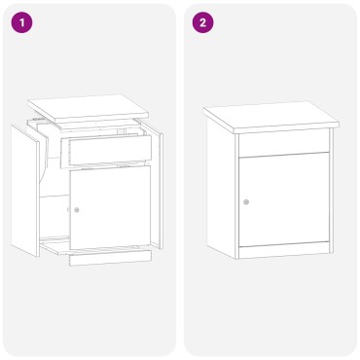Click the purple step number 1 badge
[x=24, y=22]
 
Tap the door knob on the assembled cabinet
[x=246, y=202]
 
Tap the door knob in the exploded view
[x=76, y=209]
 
